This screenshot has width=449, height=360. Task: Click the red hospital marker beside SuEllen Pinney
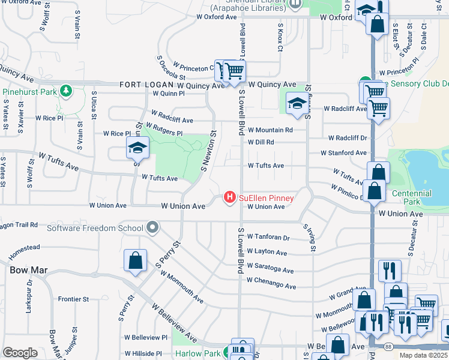click(229, 197)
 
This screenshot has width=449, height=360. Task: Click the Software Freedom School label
click(95, 227)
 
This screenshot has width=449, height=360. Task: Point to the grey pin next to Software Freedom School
click(152, 227)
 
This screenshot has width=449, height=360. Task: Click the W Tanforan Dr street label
click(268, 238)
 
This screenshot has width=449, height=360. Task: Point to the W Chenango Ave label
click(271, 281)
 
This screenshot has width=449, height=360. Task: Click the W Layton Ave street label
click(267, 253)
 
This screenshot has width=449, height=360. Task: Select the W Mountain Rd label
click(270, 130)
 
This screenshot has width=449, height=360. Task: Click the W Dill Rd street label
click(261, 142)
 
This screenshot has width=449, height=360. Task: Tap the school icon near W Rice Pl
click(137, 147)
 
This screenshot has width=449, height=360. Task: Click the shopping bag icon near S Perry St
click(135, 261)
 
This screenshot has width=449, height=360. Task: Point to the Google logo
click(20, 352)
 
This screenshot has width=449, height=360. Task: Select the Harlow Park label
click(198, 353)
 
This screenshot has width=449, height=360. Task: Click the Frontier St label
click(73, 299)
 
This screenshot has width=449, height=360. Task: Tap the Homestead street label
click(24, 247)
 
